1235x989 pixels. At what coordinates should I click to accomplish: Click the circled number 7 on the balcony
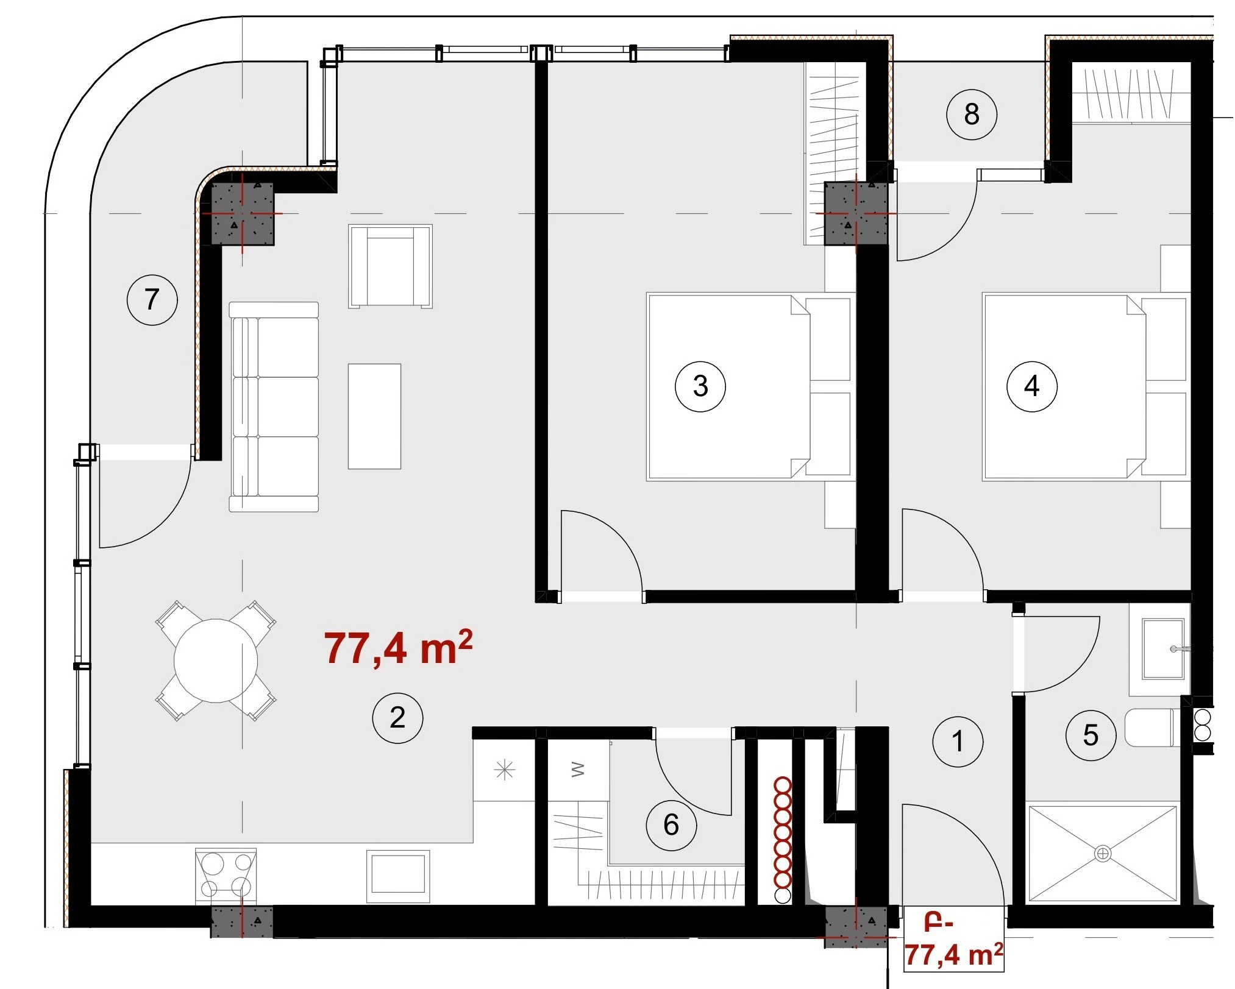click(x=152, y=299)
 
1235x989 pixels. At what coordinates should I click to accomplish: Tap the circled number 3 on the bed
click(x=700, y=386)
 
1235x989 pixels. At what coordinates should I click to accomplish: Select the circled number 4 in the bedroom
click(x=1031, y=386)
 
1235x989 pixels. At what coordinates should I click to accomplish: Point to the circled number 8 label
click(x=972, y=114)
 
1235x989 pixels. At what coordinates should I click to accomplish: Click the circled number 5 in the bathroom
click(x=1091, y=736)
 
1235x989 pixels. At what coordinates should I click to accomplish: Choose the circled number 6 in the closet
click(x=671, y=825)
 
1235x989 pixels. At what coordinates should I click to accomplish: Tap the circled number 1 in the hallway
click(x=958, y=742)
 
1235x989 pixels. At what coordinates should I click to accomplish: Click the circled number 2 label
click(x=397, y=718)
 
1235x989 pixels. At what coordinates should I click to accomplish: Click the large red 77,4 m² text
click(x=398, y=648)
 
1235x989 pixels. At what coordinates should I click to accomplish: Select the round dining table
click(x=216, y=661)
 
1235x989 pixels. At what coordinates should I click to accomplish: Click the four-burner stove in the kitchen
click(x=226, y=874)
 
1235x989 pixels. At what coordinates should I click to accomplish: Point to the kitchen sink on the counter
click(x=396, y=876)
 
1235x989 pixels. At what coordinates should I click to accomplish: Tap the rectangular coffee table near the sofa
click(x=374, y=416)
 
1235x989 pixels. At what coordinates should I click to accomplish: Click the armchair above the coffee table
click(x=390, y=266)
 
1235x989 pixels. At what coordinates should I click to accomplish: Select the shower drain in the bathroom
click(x=1102, y=853)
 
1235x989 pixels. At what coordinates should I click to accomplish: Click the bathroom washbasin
click(x=1164, y=650)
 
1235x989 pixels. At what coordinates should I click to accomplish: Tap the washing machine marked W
click(x=578, y=770)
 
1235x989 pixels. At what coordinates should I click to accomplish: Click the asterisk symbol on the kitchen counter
click(x=504, y=771)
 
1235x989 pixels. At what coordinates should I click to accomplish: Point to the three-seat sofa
click(x=274, y=406)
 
